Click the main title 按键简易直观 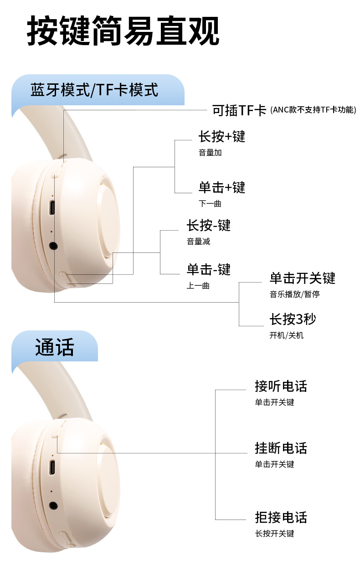pos(123,31)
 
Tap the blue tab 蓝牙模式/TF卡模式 pos(94,90)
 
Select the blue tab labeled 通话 pos(54,348)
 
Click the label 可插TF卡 pos(239,110)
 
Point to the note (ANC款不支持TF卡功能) pos(313,110)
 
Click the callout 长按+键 pos(221,136)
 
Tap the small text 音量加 pos(210,153)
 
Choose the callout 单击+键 pos(221,187)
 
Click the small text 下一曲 pos(210,203)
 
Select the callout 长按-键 pos(208,225)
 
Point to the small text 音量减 pos(198,242)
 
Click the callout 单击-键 pos(208,269)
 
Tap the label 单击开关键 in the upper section pos(302,278)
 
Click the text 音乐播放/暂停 pos(294,294)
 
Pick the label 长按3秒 pos(292,319)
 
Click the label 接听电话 pos(281,386)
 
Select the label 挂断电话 pos(281,448)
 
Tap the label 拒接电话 pos(281,517)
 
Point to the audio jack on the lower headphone pos(54,505)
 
